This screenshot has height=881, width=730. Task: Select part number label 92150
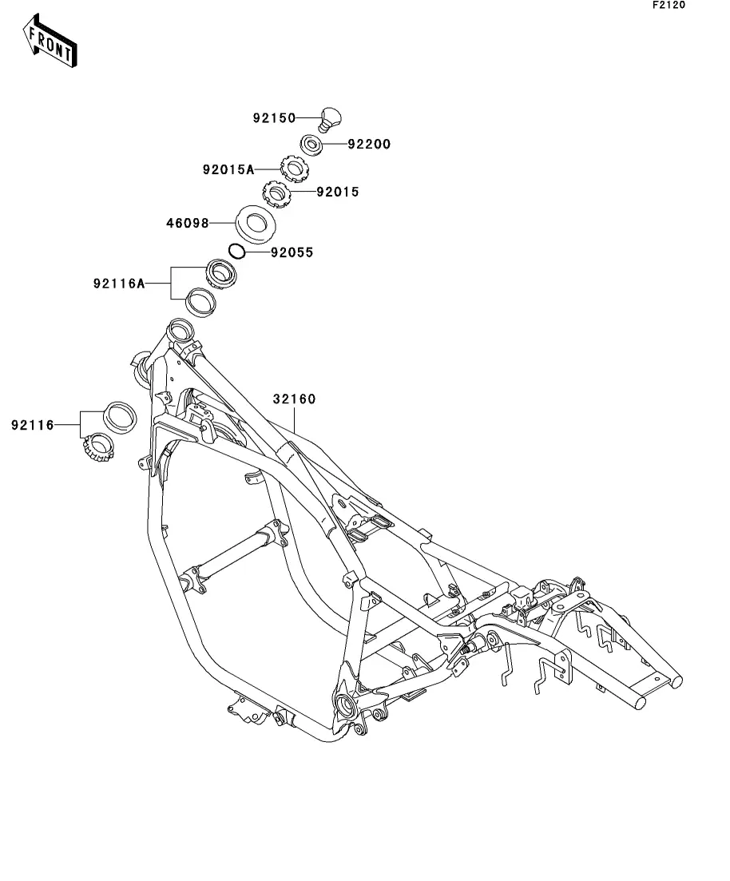(274, 118)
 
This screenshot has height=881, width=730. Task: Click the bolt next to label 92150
(328, 118)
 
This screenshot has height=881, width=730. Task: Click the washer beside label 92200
(311, 145)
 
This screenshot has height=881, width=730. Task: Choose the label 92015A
(228, 169)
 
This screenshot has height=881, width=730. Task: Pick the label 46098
(187, 223)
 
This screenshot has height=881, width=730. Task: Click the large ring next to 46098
(256, 223)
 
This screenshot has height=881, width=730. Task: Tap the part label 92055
(292, 252)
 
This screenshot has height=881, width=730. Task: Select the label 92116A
(118, 284)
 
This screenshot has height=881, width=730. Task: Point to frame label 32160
(294, 399)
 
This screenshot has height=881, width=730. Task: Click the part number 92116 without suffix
(33, 425)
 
